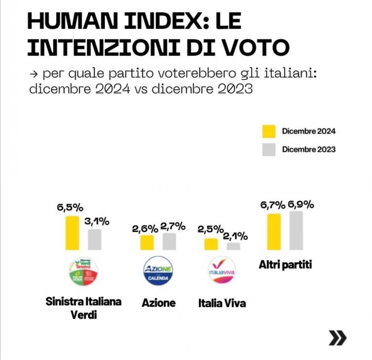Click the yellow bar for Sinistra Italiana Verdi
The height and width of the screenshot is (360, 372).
point(72,233)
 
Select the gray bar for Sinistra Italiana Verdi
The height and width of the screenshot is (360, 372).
point(95,240)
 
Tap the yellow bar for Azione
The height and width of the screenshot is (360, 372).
point(147,242)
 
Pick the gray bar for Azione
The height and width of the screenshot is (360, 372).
point(169,241)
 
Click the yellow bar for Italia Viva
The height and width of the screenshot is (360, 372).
point(211,244)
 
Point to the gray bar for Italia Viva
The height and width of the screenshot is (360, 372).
point(233,246)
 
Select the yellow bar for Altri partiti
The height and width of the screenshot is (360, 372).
point(274,232)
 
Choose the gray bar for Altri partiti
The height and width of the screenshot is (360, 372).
point(296,230)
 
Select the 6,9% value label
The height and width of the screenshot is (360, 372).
point(300,204)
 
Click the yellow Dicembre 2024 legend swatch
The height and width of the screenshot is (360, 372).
point(269,131)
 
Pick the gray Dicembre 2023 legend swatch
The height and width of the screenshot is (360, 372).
point(269,149)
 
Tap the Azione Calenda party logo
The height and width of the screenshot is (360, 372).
point(158,271)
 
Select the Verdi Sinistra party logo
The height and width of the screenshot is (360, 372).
point(83,272)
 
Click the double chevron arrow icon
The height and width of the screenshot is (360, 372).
point(337,338)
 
